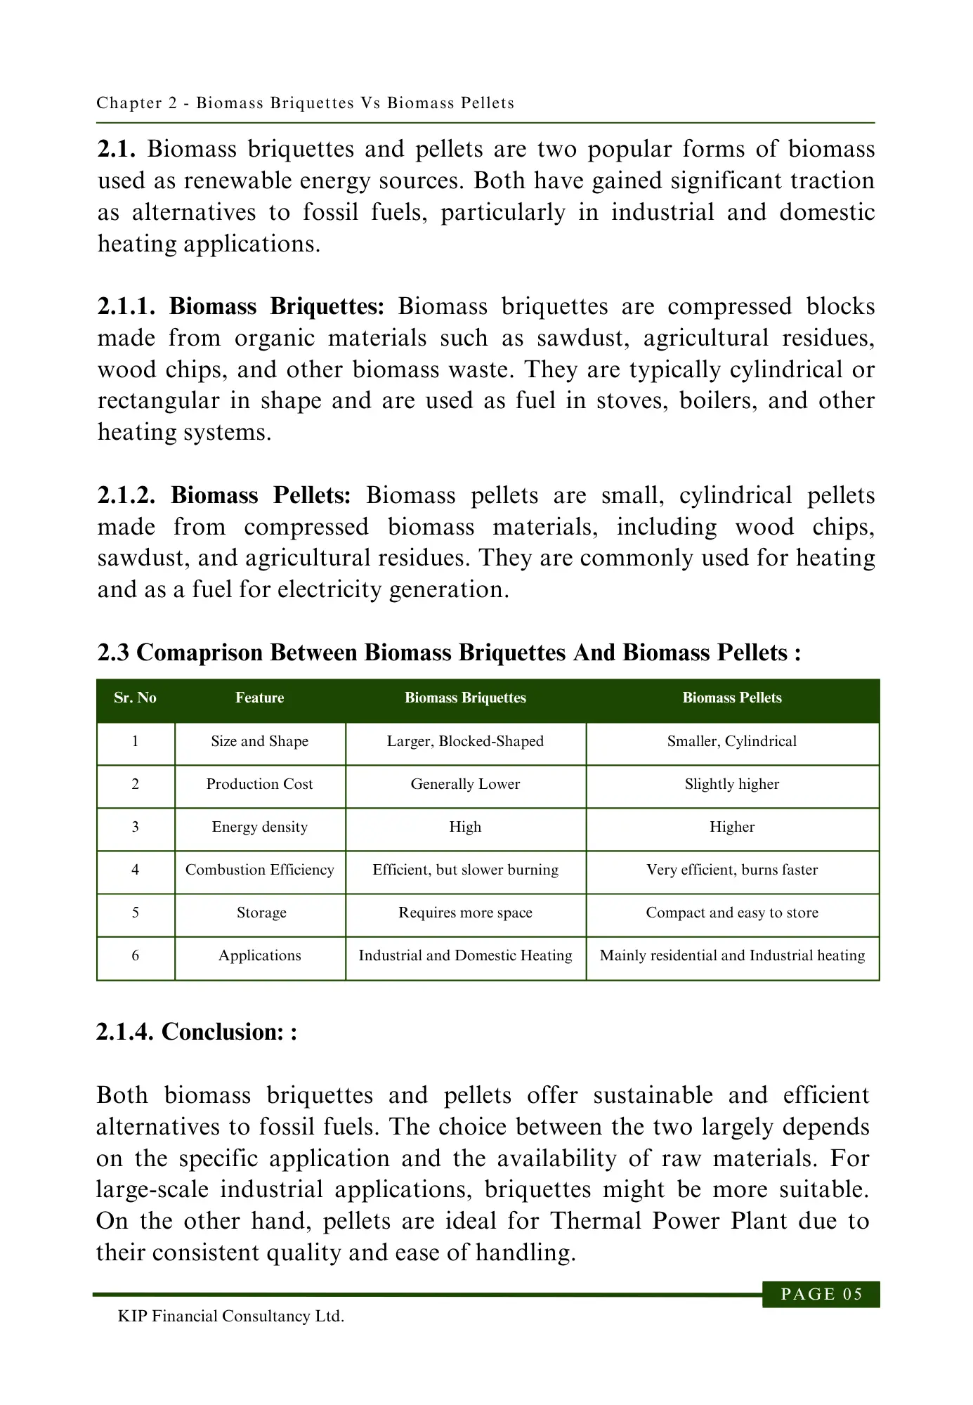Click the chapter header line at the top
click(305, 103)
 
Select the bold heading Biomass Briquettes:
click(277, 307)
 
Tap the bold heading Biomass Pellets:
click(261, 495)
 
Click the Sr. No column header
click(135, 698)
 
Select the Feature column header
click(259, 698)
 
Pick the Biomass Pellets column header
click(731, 698)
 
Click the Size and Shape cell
click(259, 741)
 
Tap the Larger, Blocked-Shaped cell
click(465, 741)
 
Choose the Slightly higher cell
click(731, 784)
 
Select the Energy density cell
click(259, 827)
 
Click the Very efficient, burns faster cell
click(731, 870)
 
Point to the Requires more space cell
click(465, 913)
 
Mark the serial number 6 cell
click(135, 955)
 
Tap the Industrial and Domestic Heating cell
click(465, 955)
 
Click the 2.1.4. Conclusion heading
click(196, 1032)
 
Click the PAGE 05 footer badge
click(821, 1294)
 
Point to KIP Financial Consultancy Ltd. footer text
click(230, 1316)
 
